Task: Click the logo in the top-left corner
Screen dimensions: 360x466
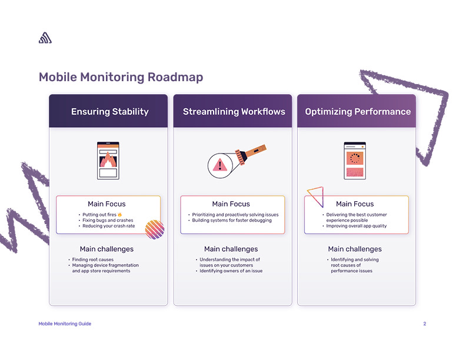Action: (45, 38)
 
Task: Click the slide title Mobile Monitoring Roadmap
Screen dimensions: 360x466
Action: (121, 77)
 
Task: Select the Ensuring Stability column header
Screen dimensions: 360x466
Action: (109, 111)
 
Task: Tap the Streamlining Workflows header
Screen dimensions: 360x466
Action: (234, 111)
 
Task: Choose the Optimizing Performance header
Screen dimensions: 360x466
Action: (358, 111)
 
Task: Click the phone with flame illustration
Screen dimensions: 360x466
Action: (108, 160)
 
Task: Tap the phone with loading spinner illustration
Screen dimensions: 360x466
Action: (354, 160)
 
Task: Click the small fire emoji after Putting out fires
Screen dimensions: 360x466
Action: (119, 215)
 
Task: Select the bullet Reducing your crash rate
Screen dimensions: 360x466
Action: (109, 226)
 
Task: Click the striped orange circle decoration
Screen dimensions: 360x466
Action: (154, 229)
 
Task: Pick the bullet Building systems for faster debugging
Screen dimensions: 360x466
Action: (232, 221)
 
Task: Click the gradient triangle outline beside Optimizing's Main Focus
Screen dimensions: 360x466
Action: (316, 196)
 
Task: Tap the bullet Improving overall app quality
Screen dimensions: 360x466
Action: (357, 226)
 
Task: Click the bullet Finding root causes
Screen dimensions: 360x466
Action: (92, 259)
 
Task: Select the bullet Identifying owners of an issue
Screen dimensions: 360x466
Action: (231, 271)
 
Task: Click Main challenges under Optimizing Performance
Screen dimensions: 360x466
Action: (355, 249)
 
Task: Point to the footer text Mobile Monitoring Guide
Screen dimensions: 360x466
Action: (65, 324)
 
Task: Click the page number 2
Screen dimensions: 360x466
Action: (424, 324)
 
